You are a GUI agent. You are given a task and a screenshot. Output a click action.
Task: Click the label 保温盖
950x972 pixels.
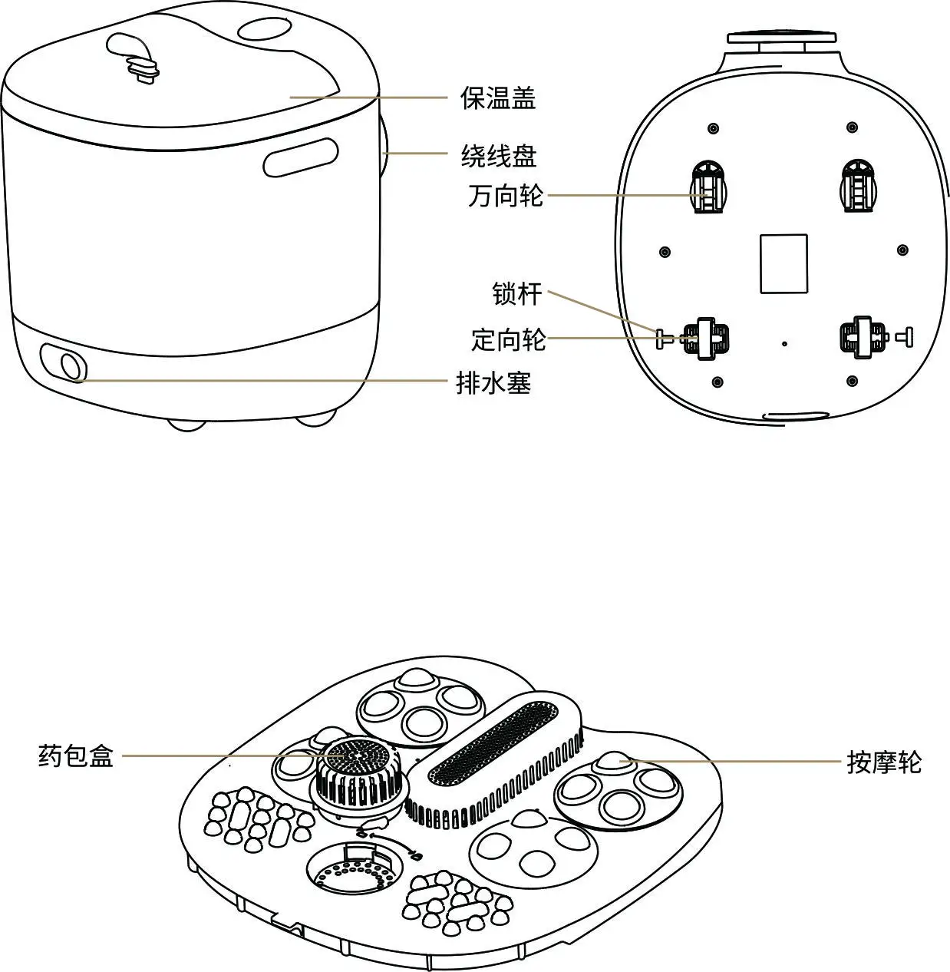pos(498,98)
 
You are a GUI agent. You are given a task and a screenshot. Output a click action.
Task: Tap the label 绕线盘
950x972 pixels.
pos(498,156)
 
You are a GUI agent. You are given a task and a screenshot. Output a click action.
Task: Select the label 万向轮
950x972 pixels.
pos(506,196)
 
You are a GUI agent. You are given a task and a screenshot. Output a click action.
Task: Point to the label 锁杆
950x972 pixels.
pos(517,293)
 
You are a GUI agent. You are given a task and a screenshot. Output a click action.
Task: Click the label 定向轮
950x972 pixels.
pos(508,339)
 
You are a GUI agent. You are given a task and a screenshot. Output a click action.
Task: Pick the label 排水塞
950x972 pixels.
pos(493,382)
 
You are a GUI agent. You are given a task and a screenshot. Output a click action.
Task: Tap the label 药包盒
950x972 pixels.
pos(76,756)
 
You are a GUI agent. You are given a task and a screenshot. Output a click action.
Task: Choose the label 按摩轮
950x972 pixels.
pos(884,762)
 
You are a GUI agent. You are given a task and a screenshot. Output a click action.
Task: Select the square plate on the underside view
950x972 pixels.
pos(783,263)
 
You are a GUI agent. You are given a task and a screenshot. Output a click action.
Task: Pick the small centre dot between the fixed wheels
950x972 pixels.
pos(783,344)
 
